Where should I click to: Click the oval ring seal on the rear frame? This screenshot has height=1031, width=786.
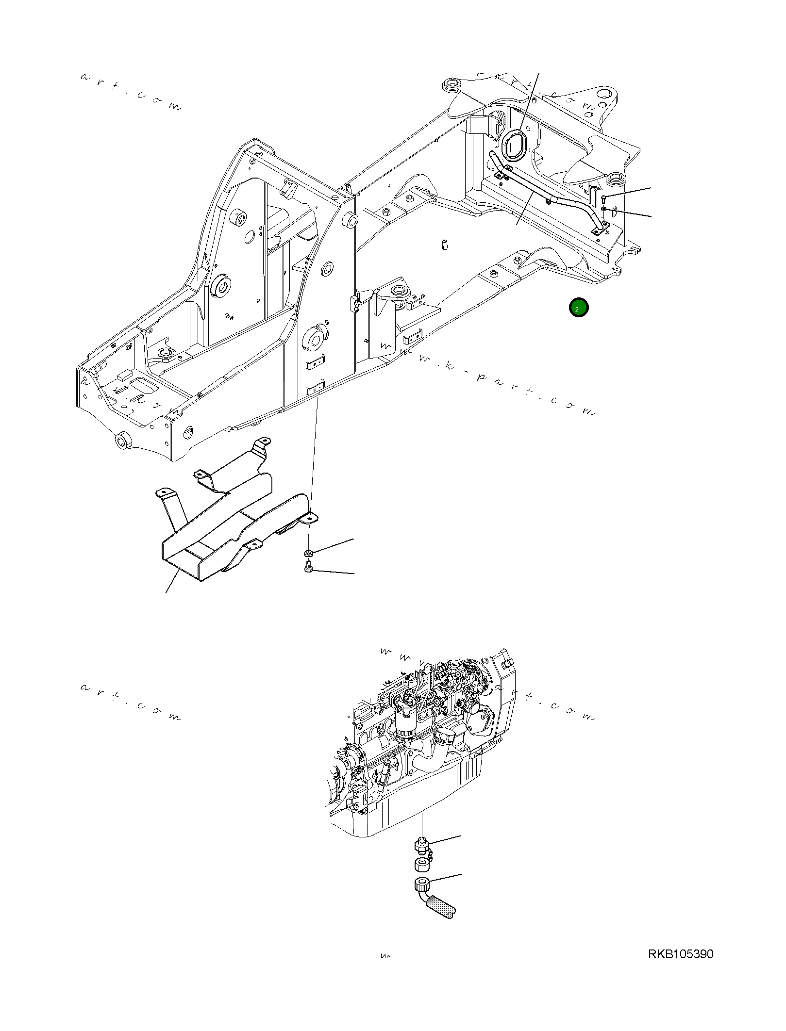pyautogui.click(x=513, y=145)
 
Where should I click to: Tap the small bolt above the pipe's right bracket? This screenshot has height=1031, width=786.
pyautogui.click(x=603, y=198)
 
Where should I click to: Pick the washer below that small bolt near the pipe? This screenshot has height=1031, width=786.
pyautogui.click(x=603, y=209)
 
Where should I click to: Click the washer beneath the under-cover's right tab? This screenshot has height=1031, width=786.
pyautogui.click(x=308, y=553)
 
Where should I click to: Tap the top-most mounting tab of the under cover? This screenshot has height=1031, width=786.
pyautogui.click(x=264, y=441)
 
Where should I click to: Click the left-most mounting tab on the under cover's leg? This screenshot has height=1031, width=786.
pyautogui.click(x=163, y=493)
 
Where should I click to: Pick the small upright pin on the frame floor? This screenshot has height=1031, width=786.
pyautogui.click(x=444, y=244)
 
